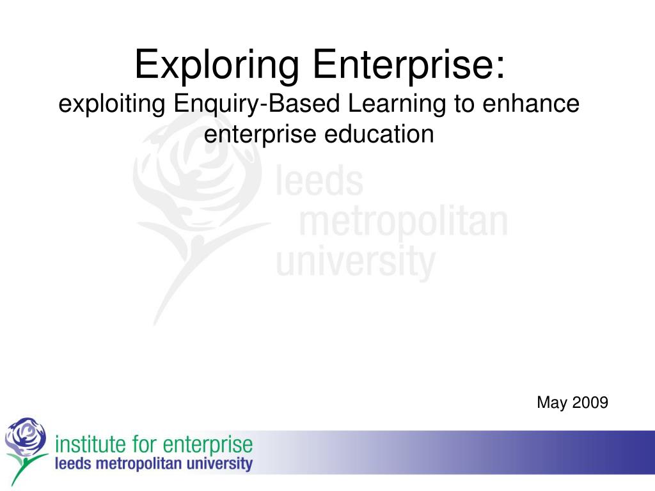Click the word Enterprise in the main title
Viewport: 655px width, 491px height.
409,65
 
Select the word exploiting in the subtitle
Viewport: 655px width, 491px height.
112,104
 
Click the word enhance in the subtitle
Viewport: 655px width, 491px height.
531,104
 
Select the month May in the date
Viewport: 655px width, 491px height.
552,403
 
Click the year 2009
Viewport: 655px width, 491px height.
590,403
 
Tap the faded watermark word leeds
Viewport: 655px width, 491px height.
320,180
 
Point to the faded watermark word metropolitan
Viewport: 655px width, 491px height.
404,221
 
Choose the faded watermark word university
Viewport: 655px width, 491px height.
356,261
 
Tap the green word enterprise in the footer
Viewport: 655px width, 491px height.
208,446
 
